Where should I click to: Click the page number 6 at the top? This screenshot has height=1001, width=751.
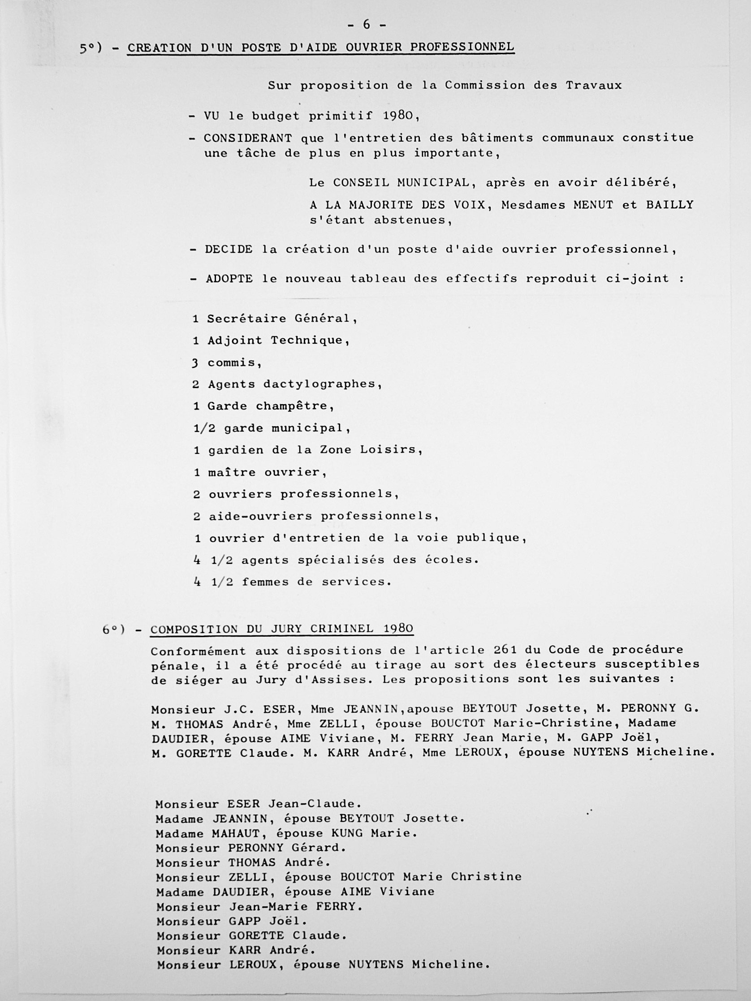click(366, 25)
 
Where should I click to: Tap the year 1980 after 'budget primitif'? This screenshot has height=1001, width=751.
click(398, 116)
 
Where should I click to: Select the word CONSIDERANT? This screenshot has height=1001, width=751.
click(248, 138)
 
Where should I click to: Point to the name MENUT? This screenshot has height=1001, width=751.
click(593, 205)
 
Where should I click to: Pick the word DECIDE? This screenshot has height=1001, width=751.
click(229, 249)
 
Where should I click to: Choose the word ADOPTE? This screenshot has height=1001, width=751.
click(229, 279)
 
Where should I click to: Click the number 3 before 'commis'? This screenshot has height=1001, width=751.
click(195, 363)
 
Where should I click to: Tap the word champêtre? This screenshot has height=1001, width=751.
click(295, 406)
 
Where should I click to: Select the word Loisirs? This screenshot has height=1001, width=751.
click(391, 450)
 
